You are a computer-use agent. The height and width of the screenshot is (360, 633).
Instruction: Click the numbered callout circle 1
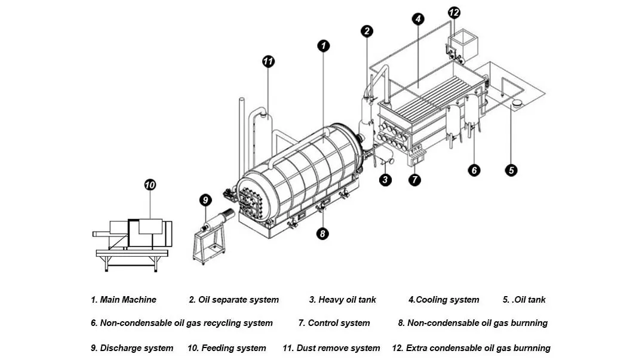tap(323, 45)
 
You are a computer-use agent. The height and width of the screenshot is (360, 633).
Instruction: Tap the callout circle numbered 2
tap(367, 31)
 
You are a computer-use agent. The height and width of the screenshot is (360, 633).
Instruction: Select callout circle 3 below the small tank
tap(385, 179)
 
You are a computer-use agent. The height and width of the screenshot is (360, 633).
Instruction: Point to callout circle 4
tap(419, 19)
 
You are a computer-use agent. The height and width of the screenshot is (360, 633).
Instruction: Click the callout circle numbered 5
tap(511, 170)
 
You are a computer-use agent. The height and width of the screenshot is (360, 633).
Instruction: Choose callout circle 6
tap(474, 170)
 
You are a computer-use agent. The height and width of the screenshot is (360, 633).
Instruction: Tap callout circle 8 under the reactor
tap(322, 233)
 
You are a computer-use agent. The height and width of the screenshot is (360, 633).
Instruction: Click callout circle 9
tap(205, 199)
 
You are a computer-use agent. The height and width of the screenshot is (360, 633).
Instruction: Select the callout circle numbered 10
tap(150, 185)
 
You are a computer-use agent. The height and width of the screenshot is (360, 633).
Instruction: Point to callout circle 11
tap(268, 61)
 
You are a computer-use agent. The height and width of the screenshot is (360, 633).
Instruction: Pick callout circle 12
tap(454, 12)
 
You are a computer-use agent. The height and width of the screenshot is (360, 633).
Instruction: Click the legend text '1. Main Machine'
tap(124, 300)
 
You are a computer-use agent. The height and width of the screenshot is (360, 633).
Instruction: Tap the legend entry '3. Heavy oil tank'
tap(342, 300)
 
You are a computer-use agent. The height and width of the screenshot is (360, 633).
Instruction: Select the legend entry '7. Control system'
tap(334, 323)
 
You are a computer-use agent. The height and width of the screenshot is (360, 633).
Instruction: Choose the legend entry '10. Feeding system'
tap(226, 347)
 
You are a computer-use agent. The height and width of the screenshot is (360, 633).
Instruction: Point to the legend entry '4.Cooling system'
tap(444, 300)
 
